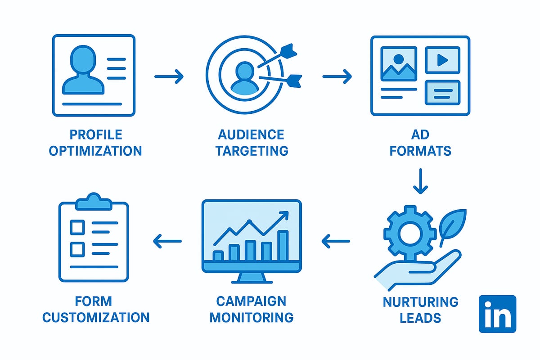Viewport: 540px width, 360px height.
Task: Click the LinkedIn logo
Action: coord(497,314)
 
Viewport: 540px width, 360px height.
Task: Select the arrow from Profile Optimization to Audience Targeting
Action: coord(169,76)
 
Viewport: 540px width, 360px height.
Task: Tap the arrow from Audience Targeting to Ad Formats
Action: coord(337,76)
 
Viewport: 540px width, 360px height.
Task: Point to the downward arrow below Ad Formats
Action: coord(420,181)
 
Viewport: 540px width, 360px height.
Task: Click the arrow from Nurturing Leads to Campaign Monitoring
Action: coord(336,242)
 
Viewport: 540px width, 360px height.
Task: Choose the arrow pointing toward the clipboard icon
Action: coord(167,242)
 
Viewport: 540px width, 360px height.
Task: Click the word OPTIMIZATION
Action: coord(95,150)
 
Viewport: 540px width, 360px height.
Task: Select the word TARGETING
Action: coord(252,150)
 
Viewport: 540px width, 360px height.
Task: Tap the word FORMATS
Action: coord(420,150)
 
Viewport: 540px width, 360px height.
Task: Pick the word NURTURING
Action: coord(420,301)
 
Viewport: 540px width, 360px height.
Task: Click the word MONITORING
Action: coord(252,317)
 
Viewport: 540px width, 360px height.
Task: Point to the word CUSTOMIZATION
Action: coord(95,317)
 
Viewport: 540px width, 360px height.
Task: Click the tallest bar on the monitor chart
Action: coord(283,245)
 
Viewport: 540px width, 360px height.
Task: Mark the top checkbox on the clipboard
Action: coord(77,227)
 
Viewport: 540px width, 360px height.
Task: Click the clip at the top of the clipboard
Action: coord(94,202)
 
